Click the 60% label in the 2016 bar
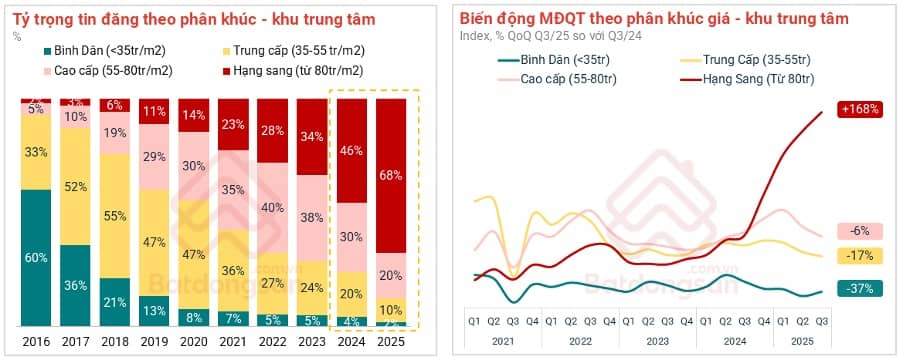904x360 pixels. click(x=36, y=258)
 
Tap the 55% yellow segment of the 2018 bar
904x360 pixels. click(x=115, y=215)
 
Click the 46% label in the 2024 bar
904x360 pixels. click(x=351, y=151)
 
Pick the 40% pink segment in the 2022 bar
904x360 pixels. click(x=272, y=208)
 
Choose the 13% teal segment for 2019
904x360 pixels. click(x=154, y=310)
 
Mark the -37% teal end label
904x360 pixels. click(x=857, y=288)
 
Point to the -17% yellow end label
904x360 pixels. click(x=857, y=255)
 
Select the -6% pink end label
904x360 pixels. click(x=859, y=231)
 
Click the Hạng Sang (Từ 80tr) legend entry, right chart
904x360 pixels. click(x=759, y=78)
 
